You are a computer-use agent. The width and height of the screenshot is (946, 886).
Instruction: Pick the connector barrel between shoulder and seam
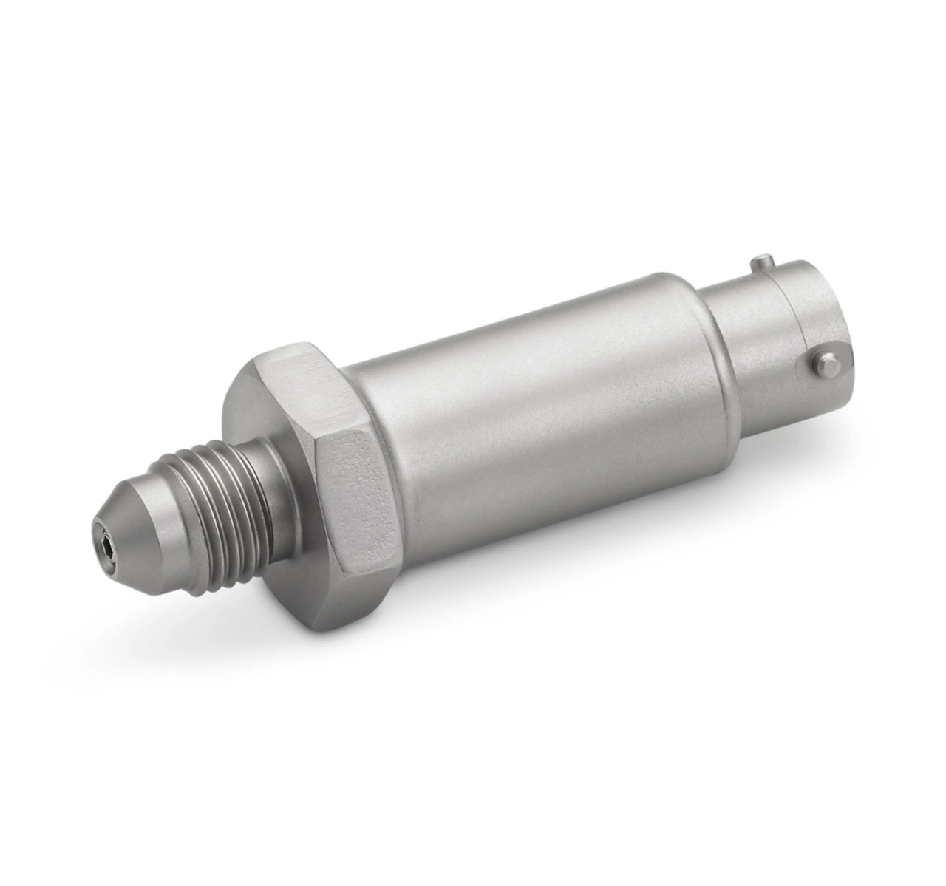pyautogui.click(x=739, y=347)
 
